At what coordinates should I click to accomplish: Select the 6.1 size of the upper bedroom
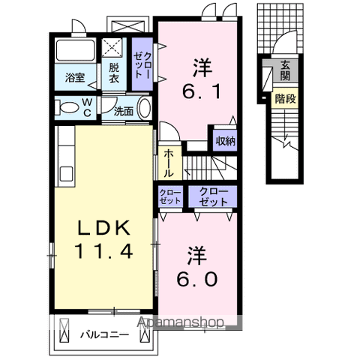click(200, 91)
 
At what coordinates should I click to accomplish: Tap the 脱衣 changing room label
click(114, 72)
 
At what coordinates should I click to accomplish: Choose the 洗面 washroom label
click(124, 111)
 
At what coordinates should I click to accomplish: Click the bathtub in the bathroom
click(73, 52)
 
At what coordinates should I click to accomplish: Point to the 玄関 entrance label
click(286, 72)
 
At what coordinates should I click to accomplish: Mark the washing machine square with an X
click(113, 47)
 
